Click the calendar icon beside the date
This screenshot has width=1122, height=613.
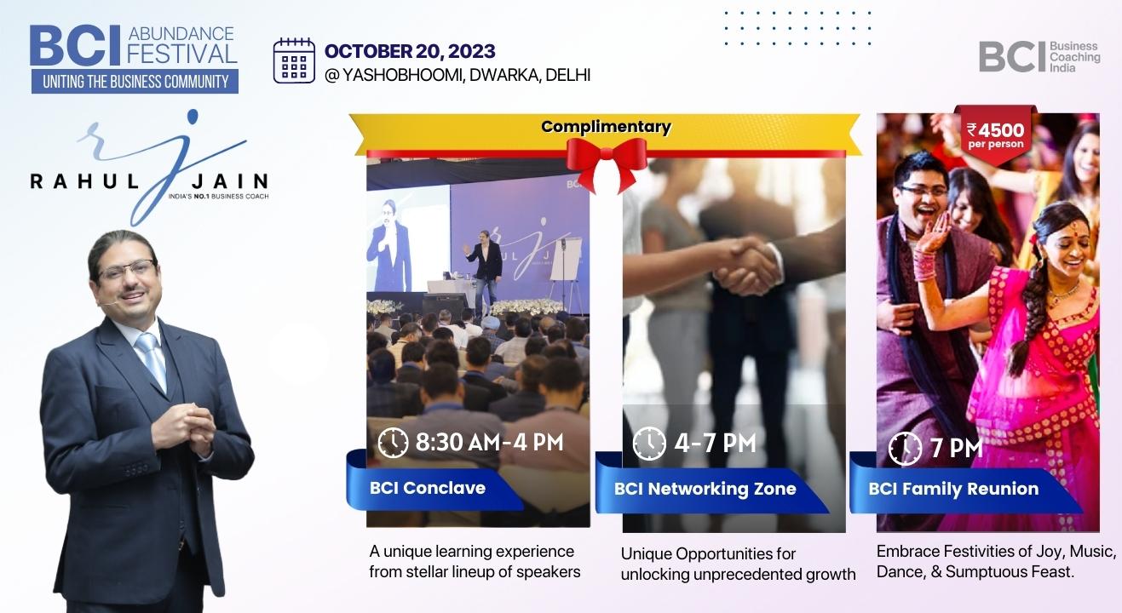click(294, 60)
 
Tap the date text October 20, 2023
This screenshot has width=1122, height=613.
click(410, 51)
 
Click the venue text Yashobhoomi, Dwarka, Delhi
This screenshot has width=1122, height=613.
click(457, 75)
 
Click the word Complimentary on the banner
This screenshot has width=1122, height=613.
click(606, 127)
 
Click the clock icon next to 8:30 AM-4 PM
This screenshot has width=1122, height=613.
click(393, 443)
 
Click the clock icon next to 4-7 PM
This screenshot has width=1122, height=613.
click(649, 444)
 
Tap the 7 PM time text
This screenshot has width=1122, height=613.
click(956, 448)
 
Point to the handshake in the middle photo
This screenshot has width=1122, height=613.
click(746, 266)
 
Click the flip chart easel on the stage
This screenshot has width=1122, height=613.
click(565, 270)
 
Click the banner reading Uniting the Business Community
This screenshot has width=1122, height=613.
click(135, 82)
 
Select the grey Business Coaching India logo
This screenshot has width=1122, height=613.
click(1039, 56)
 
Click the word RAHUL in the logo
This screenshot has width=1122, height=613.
click(84, 180)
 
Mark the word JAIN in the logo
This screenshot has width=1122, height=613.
click(230, 180)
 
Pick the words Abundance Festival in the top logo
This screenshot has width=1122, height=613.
click(181, 44)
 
